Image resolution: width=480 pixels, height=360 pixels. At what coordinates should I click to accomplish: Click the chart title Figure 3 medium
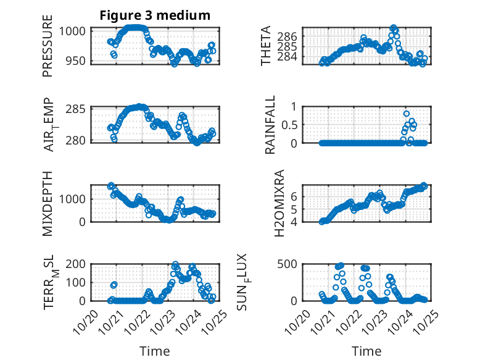tap(155, 15)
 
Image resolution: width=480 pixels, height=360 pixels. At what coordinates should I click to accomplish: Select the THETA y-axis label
tap(266, 46)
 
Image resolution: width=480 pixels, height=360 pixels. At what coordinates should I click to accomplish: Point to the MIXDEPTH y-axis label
tap(48, 203)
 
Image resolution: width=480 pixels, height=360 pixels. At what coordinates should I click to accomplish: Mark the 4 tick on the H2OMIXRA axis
tap(295, 221)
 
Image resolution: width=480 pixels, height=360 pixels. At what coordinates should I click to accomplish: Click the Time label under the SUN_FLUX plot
tap(366, 351)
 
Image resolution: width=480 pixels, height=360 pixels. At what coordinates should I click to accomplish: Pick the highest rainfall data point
tap(406, 114)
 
